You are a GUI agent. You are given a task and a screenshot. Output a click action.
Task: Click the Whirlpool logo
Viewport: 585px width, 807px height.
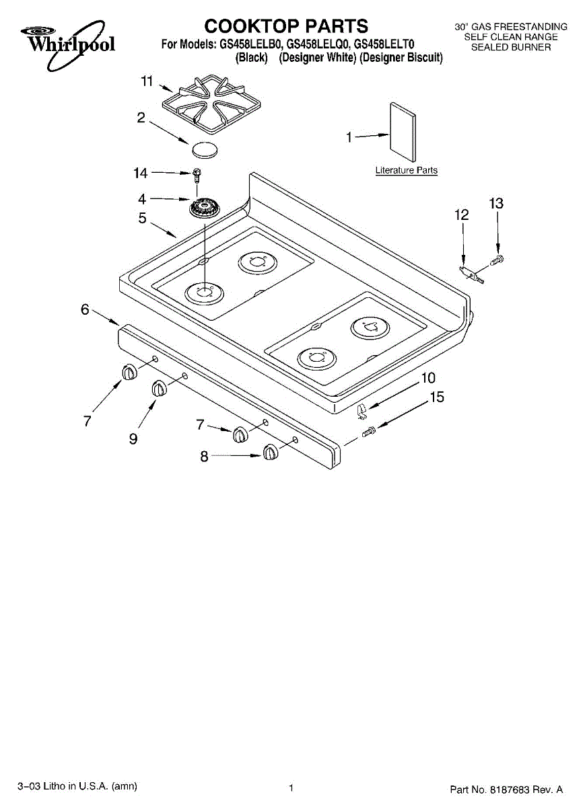tap(68, 44)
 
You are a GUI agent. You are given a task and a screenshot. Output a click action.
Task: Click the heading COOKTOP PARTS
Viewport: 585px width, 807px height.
tap(286, 26)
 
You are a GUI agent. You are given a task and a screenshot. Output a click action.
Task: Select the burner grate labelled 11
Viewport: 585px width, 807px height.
tap(211, 102)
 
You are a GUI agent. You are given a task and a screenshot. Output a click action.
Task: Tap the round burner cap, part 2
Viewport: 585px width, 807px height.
tap(205, 149)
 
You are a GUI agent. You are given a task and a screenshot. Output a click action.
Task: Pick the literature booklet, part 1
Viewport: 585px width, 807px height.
tap(403, 132)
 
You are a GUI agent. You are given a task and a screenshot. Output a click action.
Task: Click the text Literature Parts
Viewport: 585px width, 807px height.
tap(407, 170)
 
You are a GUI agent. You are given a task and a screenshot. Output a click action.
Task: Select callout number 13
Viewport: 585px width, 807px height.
tap(496, 204)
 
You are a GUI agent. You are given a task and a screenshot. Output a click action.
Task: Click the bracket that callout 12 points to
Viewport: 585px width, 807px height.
tap(472, 274)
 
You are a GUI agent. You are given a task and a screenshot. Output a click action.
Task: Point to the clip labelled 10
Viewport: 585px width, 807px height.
tap(362, 411)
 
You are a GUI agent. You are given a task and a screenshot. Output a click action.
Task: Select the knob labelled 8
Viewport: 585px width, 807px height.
tap(271, 452)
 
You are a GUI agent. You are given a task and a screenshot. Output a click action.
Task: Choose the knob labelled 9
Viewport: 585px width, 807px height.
tap(159, 389)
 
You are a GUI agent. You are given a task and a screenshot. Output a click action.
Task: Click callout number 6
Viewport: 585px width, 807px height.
tap(85, 309)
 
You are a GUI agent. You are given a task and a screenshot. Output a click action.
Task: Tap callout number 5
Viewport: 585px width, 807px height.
tap(143, 218)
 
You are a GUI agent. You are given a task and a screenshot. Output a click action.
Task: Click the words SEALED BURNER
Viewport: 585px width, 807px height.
tap(511, 47)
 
